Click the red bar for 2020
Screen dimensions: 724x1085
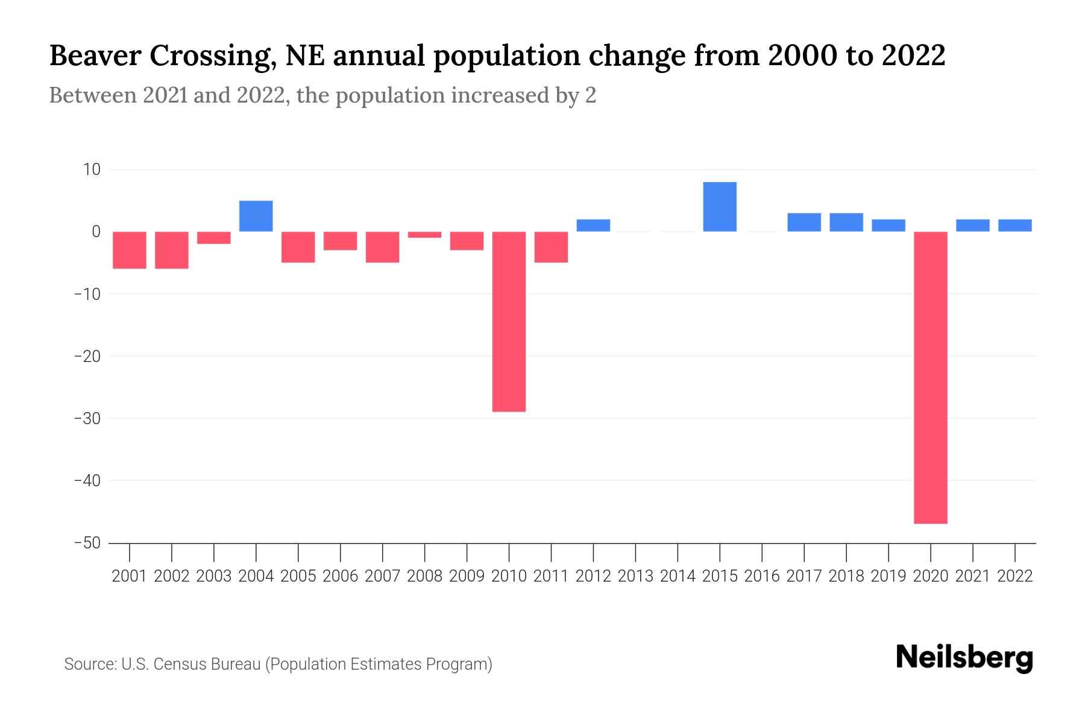click(931, 377)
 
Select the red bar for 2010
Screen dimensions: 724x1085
click(509, 322)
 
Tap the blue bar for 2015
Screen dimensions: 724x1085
click(720, 207)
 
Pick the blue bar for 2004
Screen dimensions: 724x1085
click(256, 216)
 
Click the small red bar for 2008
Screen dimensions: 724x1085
click(424, 235)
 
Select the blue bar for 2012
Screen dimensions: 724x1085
click(593, 226)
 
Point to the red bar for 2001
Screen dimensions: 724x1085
click(130, 250)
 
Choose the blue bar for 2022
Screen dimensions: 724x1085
click(1015, 226)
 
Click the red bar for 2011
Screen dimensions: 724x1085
click(551, 247)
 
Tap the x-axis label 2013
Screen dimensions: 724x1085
click(635, 576)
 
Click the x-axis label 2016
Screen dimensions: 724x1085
click(762, 576)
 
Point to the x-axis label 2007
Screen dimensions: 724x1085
click(382, 576)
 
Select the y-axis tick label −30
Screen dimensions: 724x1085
click(87, 418)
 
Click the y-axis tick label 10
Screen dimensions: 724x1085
click(92, 170)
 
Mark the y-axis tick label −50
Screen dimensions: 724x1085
click(87, 543)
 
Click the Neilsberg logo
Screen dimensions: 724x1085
click(964, 658)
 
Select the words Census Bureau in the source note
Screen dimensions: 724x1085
click(208, 664)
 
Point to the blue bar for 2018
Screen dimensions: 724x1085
click(846, 222)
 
